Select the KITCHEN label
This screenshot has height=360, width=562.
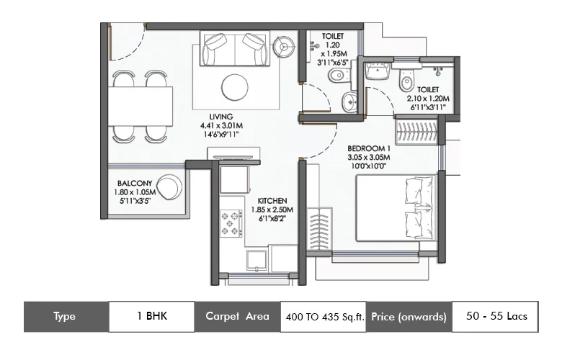[x=273, y=200]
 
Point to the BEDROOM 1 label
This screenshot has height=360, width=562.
[x=368, y=148]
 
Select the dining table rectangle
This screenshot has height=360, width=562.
[x=142, y=106]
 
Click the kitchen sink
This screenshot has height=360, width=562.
[x=257, y=259]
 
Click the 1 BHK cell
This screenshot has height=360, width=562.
[x=151, y=316]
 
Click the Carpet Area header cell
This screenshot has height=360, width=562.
[x=237, y=316]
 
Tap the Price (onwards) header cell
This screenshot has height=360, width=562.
[x=409, y=316]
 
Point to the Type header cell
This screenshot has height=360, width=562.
[x=66, y=316]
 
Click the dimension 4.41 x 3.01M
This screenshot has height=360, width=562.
[x=220, y=125]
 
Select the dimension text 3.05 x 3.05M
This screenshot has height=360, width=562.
[x=368, y=158]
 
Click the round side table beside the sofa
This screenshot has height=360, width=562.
[x=284, y=45]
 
